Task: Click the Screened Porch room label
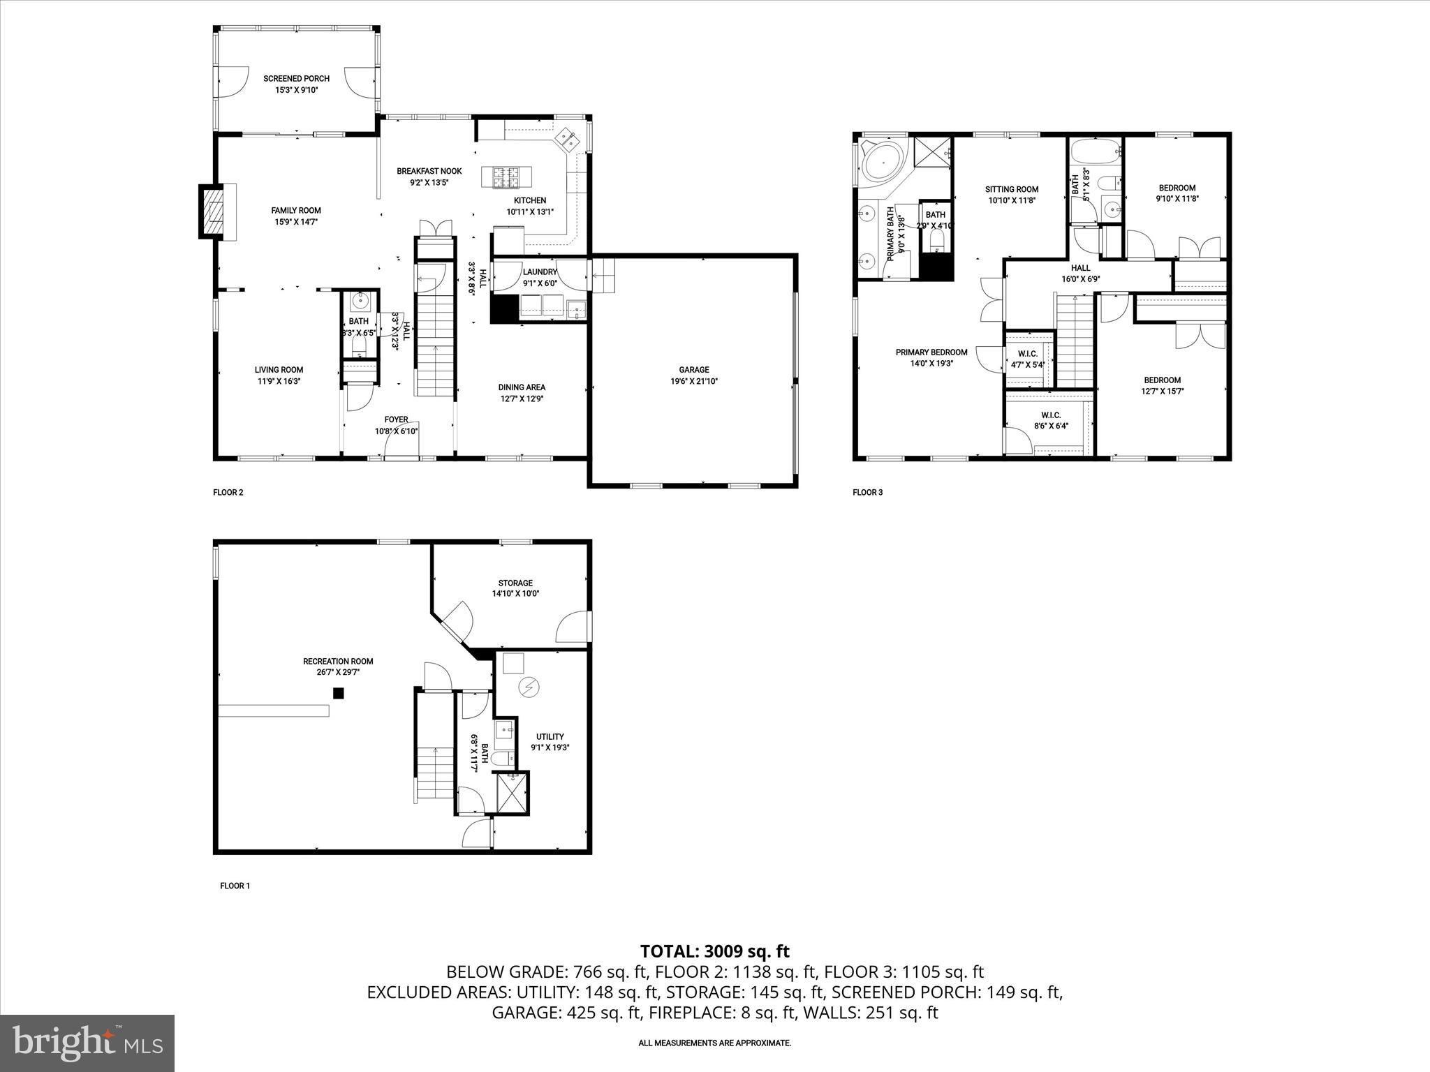point(296,79)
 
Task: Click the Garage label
point(694,370)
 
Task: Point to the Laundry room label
point(540,272)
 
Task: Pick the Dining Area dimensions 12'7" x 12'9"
point(522,399)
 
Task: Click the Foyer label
point(396,419)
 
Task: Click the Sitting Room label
point(1012,189)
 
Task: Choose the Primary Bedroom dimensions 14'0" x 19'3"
point(931,363)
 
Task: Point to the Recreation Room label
point(338,662)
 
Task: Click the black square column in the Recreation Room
point(338,693)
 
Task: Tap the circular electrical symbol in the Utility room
point(529,688)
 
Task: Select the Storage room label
point(515,583)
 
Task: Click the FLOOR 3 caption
point(868,492)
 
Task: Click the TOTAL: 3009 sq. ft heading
point(714,951)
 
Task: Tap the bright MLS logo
point(87,1043)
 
